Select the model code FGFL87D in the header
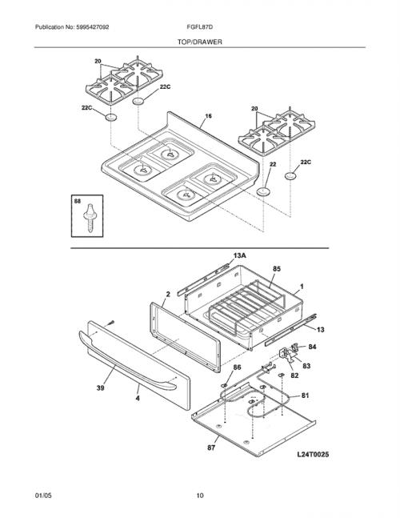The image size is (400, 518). point(199,27)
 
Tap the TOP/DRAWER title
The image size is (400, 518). point(200,42)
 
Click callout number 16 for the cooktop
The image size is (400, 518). point(208,116)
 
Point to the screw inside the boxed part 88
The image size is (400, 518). point(90,219)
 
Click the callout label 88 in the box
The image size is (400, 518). point(78,201)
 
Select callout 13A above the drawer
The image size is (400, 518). point(240,255)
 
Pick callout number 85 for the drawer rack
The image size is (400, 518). point(277,269)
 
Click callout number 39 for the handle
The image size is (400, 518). point(100,387)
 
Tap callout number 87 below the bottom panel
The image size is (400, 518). point(211,448)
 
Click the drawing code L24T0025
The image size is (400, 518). point(313,455)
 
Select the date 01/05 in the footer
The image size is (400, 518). point(43,496)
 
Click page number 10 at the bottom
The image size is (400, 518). point(200,496)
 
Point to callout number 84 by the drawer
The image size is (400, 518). point(312,347)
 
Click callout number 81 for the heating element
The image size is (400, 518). point(306,396)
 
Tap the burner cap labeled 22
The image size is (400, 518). point(263,191)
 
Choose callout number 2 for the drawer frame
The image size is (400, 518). point(168,294)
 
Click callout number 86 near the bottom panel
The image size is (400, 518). point(237,367)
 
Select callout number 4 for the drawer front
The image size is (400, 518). point(138,399)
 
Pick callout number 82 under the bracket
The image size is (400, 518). point(294,375)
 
